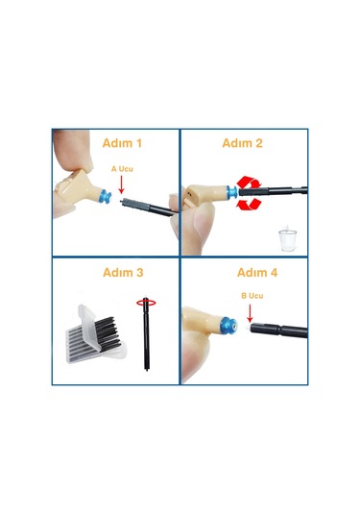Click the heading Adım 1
pyautogui.click(x=122, y=143)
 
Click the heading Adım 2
pyautogui.click(x=243, y=143)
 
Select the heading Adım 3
pyautogui.click(x=123, y=273)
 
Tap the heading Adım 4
pyautogui.click(x=257, y=273)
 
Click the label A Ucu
pyautogui.click(x=122, y=169)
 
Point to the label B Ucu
pyautogui.click(x=252, y=296)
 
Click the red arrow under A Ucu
pyautogui.click(x=122, y=184)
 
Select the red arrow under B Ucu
pyautogui.click(x=250, y=314)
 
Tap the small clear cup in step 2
pyautogui.click(x=288, y=238)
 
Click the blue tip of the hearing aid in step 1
pyautogui.click(x=106, y=196)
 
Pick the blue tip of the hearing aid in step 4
pyautogui.click(x=229, y=326)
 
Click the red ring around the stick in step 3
pyautogui.click(x=146, y=303)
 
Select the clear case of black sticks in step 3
pyautogui.click(x=96, y=335)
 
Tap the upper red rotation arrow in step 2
pyautogui.click(x=250, y=182)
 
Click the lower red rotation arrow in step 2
pyautogui.click(x=249, y=204)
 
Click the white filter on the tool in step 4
pyautogui.click(x=248, y=327)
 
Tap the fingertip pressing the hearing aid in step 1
pyautogui.click(x=73, y=149)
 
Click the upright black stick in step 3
pyautogui.click(x=146, y=334)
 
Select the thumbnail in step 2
pyautogui.click(x=204, y=220)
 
